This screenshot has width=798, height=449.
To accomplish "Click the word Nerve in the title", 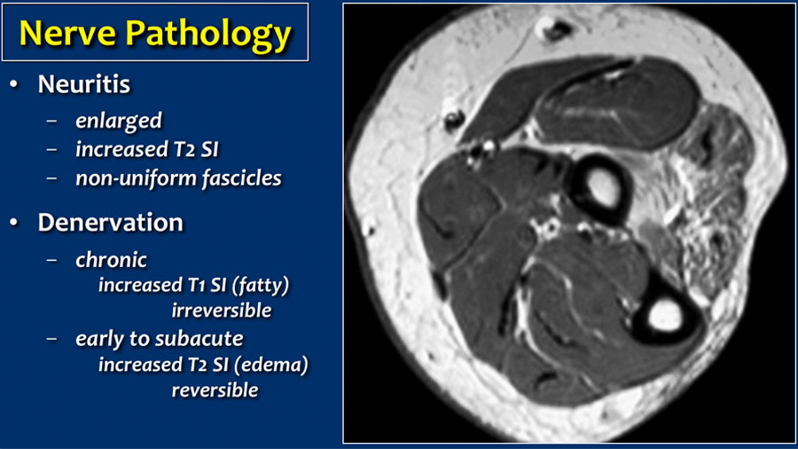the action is pyautogui.click(x=68, y=33).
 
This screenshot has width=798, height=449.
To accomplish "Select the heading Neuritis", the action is pyautogui.click(x=84, y=84).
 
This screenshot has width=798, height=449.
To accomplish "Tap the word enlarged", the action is pyautogui.click(x=119, y=122).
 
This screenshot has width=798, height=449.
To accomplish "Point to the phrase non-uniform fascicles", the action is pyautogui.click(x=178, y=178).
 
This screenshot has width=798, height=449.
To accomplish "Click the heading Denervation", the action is pyautogui.click(x=111, y=223).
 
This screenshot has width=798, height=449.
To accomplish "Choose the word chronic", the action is pyautogui.click(x=111, y=260).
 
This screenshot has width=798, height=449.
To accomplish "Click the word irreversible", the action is pyautogui.click(x=222, y=310).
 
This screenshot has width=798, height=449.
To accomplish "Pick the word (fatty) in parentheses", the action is pyautogui.click(x=260, y=285).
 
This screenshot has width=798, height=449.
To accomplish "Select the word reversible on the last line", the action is pyautogui.click(x=215, y=390).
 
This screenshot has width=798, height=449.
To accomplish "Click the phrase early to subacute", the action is pyautogui.click(x=160, y=339).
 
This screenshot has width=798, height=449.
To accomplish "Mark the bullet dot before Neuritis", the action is pyautogui.click(x=13, y=84).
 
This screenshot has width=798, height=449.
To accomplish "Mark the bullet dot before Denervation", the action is pyautogui.click(x=13, y=223).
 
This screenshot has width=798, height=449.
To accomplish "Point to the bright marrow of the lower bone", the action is pyautogui.click(x=665, y=315).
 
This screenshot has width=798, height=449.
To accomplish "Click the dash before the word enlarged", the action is pyautogui.click(x=51, y=122).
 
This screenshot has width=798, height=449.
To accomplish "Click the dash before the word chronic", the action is pyautogui.click(x=51, y=261).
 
